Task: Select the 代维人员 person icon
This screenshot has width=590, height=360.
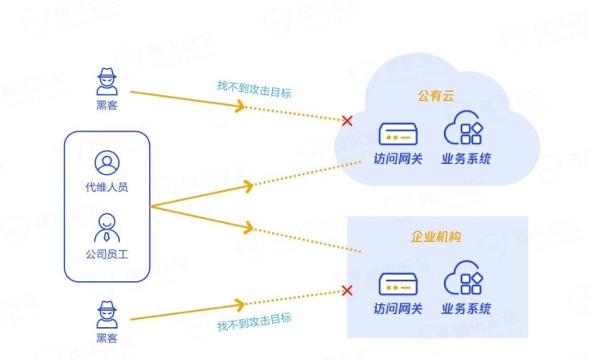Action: coord(107,162)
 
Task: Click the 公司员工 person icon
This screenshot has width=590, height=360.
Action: coord(107,226)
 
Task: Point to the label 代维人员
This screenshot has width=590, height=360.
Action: coord(107,187)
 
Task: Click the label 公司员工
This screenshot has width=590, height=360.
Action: coord(107,254)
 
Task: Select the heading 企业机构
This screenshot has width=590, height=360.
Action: coord(435,237)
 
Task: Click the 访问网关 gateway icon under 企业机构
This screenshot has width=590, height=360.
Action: coord(398,283)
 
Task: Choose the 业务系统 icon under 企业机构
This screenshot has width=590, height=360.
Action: coord(464,281)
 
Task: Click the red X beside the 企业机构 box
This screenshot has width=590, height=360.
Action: coord(347,290)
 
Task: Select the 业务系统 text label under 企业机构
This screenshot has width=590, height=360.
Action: coord(466,309)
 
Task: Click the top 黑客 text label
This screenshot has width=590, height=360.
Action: coord(107,104)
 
